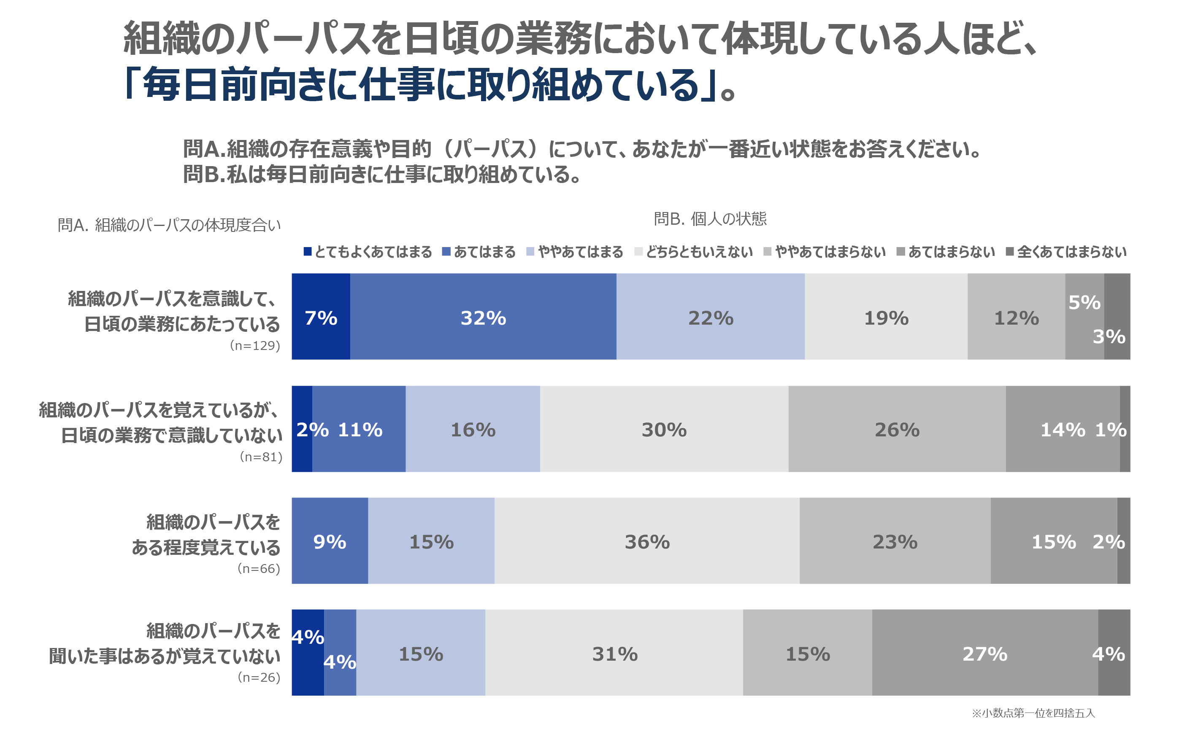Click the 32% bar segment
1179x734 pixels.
[483, 317]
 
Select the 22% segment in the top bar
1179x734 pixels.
[710, 317]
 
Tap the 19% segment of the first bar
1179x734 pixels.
[886, 317]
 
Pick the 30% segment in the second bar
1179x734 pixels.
[664, 429]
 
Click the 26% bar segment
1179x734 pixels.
[897, 429]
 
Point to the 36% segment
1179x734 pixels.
[646, 541]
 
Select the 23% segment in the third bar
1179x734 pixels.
[895, 541]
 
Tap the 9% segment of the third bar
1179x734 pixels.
[330, 541]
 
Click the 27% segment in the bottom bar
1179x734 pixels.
[985, 653]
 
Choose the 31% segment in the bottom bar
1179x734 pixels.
[614, 653]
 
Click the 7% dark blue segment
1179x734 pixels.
[321, 317]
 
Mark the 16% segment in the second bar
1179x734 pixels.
[473, 429]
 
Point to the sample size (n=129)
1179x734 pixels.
[255, 345]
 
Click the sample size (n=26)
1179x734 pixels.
[259, 677]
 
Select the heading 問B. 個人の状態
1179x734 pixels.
[710, 219]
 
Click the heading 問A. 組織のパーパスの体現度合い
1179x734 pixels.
[169, 225]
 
